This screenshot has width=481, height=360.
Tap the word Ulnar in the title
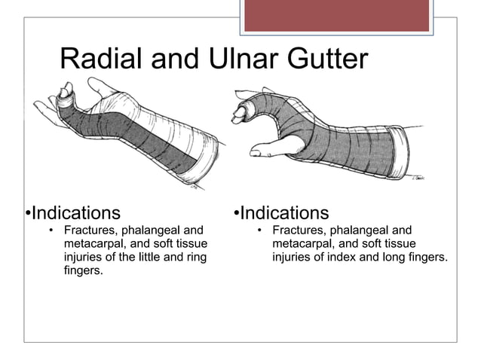pos(242,59)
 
